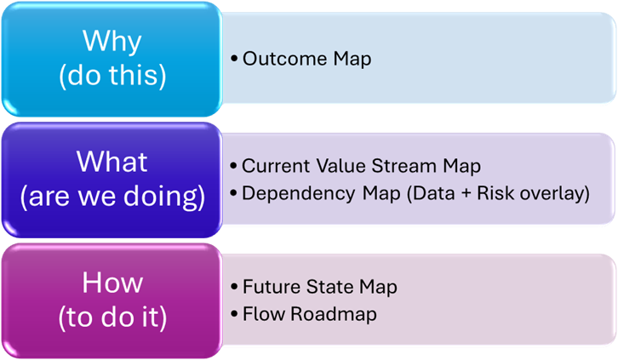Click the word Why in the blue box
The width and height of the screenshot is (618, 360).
pos(112,41)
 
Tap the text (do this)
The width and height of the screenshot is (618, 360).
pos(112,75)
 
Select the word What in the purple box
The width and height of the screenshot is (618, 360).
pos(112,162)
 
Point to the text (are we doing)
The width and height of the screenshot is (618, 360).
pos(112,197)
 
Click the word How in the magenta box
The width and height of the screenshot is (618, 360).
pos(112,283)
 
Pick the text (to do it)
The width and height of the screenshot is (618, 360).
pos(112,317)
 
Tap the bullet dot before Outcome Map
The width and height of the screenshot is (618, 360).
pos(234,60)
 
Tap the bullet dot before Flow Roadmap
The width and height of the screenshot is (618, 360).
pos(234,315)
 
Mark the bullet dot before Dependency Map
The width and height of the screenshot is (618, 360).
pos(234,194)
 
